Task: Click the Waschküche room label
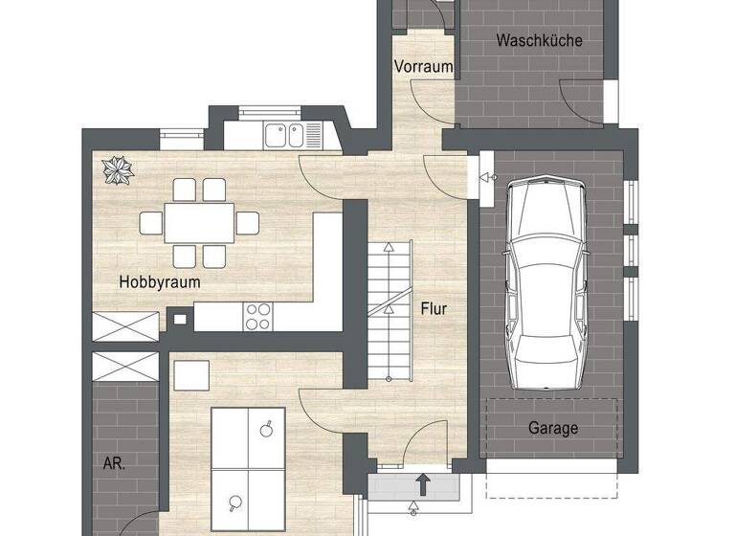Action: (539, 40)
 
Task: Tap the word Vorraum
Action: (423, 66)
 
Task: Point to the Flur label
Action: (434, 309)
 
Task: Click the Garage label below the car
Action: (553, 428)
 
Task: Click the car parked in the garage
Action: (546, 281)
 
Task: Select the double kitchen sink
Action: (284, 135)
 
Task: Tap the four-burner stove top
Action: (258, 316)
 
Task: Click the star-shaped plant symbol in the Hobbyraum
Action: (120, 170)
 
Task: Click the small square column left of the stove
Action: (178, 320)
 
